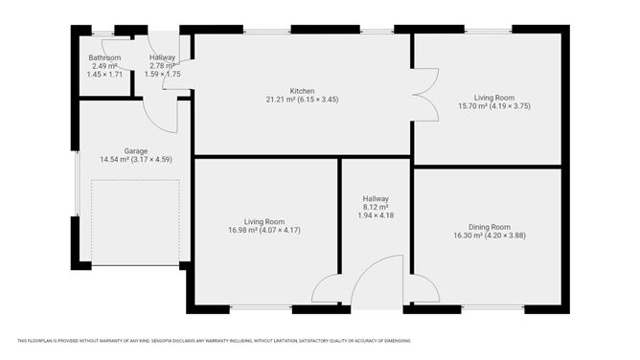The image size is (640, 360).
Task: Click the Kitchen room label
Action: [x=302, y=91]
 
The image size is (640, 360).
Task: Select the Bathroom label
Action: [x=104, y=57]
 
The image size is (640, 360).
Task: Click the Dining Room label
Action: [x=489, y=227]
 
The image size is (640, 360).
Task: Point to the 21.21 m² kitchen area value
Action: [x=282, y=100]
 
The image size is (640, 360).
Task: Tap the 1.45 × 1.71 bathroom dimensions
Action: [x=104, y=74]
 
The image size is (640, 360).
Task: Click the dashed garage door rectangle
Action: [x=135, y=223]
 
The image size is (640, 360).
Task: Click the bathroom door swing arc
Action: [x=117, y=53]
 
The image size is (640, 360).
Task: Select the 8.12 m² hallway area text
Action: [x=376, y=206]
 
